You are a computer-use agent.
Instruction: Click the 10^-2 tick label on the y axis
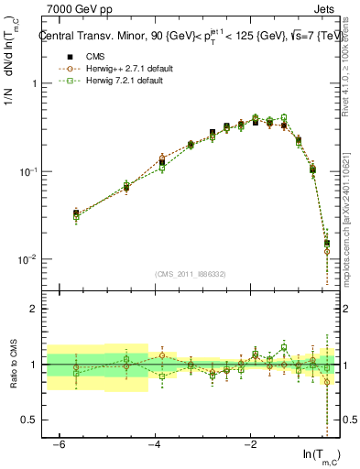click(27, 260)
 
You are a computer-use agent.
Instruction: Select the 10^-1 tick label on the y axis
click(27, 172)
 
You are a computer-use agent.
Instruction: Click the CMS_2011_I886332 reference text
click(190, 274)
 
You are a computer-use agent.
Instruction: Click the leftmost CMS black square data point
click(76, 213)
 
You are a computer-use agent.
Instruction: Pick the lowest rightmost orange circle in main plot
click(327, 252)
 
